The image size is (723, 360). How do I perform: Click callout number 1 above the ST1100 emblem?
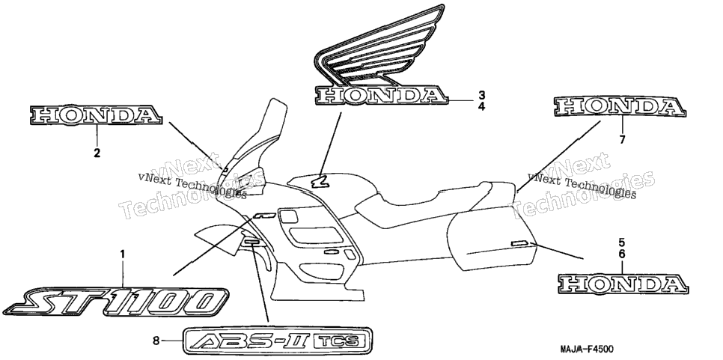(x=123, y=254)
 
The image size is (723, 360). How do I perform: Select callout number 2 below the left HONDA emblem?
(x=97, y=153)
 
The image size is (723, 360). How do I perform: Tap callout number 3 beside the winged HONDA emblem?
(x=481, y=95)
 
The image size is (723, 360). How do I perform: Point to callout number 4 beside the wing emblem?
(x=481, y=107)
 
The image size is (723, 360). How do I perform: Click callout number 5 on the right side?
(x=621, y=242)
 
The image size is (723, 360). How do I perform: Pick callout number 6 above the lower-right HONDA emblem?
(x=621, y=254)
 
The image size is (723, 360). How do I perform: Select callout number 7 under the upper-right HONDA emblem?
(x=622, y=139)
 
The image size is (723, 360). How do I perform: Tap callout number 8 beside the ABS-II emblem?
(x=156, y=341)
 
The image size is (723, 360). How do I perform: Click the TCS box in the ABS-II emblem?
(x=341, y=341)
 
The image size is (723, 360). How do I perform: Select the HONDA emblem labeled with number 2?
(x=96, y=115)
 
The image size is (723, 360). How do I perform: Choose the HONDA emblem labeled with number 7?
(x=620, y=107)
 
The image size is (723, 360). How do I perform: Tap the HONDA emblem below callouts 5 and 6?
(x=623, y=284)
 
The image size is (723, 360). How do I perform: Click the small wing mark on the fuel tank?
(x=319, y=182)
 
